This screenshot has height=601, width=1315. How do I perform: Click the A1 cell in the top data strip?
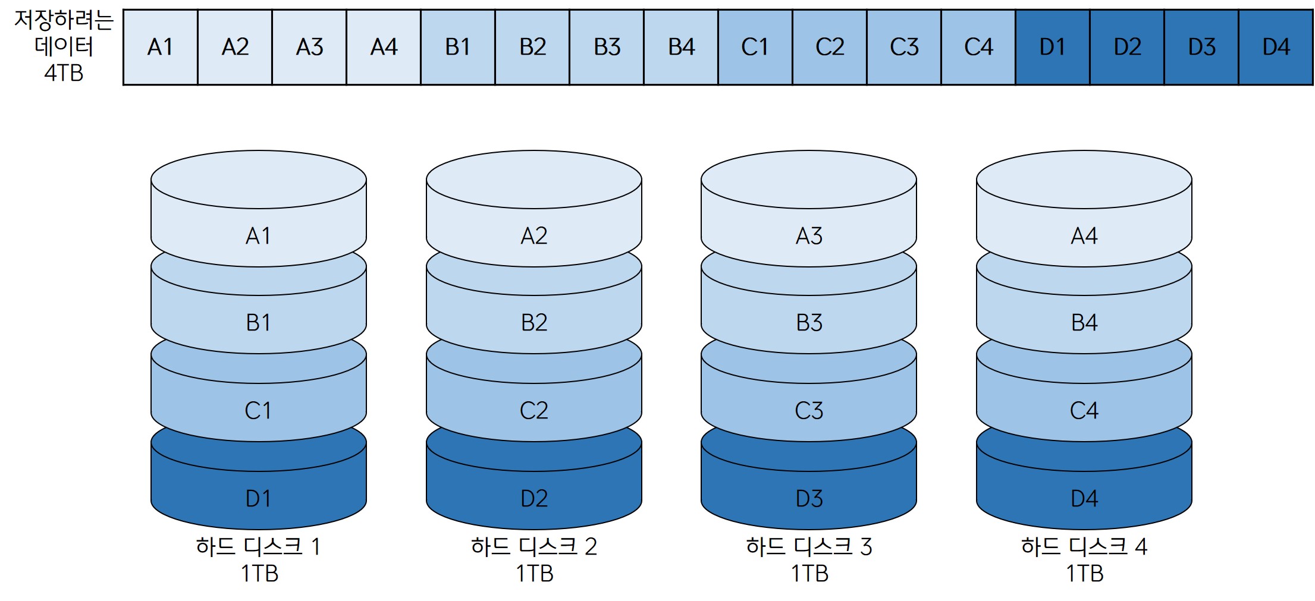pos(160,47)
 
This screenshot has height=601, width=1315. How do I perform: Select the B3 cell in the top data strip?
pos(607,47)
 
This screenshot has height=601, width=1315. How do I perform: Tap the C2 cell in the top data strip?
pos(830,47)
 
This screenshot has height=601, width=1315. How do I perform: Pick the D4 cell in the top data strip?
pos(1276,47)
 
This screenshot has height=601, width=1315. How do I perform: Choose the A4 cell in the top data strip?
pos(384,47)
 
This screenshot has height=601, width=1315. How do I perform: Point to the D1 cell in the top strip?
pos(1052,47)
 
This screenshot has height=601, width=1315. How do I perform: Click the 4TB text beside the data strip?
pos(64,73)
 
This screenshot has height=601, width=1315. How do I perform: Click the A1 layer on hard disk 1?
pos(258,236)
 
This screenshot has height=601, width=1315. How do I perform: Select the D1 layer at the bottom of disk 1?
pos(258,498)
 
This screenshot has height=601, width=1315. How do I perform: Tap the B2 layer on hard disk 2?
pos(533,323)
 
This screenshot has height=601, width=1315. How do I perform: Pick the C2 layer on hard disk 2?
pos(533,410)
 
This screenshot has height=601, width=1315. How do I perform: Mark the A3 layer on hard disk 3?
pos(809,236)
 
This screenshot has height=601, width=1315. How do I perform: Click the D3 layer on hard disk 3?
pos(809,498)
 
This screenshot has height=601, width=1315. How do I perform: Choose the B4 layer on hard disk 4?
pos(1084,323)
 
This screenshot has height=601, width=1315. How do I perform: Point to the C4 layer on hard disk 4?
pos(1084,410)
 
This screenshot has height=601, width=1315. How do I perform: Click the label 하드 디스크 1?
pos(258,546)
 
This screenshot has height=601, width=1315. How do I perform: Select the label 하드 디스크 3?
pos(809,546)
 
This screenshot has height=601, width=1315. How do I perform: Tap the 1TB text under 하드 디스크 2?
pos(534,574)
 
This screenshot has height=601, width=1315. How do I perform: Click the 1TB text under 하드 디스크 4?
pos(1084,574)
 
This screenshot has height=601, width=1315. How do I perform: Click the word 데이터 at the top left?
pos(64,46)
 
